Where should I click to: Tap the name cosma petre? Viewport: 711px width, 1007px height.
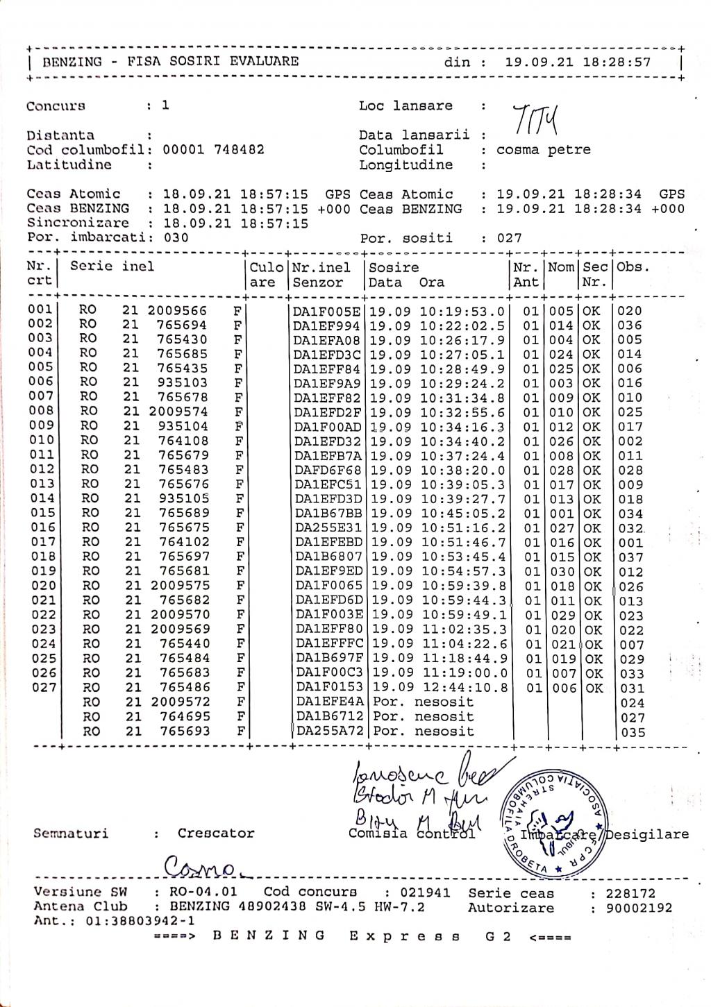(x=543, y=150)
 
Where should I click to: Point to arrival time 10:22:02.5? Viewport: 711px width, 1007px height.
(x=462, y=326)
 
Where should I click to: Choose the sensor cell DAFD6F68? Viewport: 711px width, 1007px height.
(x=327, y=471)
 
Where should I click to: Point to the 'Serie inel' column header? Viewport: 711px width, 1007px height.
(x=112, y=267)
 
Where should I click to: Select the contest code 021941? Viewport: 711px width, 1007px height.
(x=424, y=893)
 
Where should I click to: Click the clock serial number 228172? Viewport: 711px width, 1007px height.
(x=630, y=894)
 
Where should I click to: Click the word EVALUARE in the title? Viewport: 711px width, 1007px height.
(x=264, y=62)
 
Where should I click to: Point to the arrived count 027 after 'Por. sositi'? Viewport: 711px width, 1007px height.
(x=509, y=238)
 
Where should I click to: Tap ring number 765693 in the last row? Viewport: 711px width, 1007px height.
(x=184, y=731)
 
